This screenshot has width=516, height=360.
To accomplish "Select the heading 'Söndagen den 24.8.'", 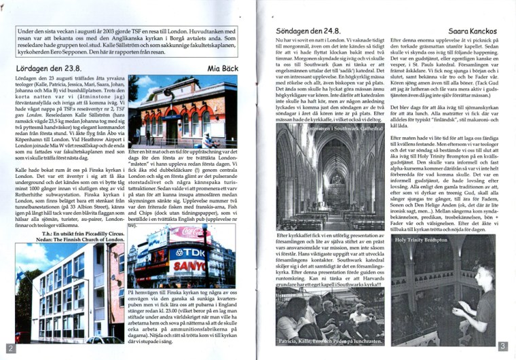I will click(308, 32).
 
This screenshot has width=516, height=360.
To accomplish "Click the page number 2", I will click(9, 348).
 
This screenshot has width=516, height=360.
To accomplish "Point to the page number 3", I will click(502, 346).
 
